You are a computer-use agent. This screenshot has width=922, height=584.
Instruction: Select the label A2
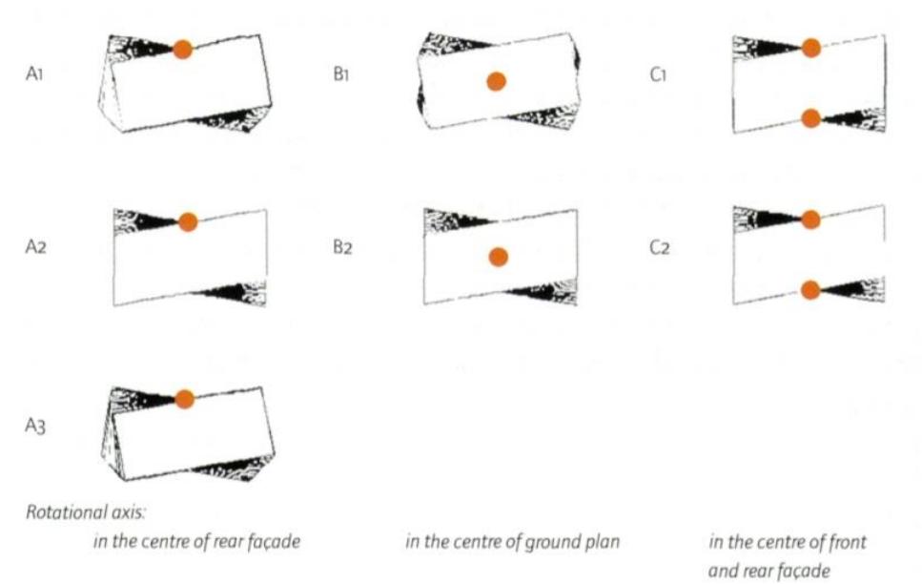point(37,246)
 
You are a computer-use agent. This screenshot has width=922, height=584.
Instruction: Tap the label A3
point(37,427)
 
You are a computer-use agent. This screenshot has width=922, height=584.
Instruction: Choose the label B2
point(342,246)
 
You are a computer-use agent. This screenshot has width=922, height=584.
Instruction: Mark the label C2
point(657,246)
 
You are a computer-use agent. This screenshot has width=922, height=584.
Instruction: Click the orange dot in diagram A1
point(183,50)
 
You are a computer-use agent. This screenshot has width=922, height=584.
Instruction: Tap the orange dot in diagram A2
point(188,221)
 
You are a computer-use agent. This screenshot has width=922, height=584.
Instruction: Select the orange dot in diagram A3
point(185,398)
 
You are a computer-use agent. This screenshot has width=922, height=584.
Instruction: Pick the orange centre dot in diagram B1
point(496,82)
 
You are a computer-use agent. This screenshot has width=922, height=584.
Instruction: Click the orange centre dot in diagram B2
point(498,256)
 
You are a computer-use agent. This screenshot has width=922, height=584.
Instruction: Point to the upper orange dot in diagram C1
point(810,48)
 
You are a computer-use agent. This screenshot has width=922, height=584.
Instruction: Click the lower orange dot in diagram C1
point(810,118)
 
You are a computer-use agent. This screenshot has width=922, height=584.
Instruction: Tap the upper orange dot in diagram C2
point(810,219)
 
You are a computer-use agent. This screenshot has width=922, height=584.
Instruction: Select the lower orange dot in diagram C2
point(810,290)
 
